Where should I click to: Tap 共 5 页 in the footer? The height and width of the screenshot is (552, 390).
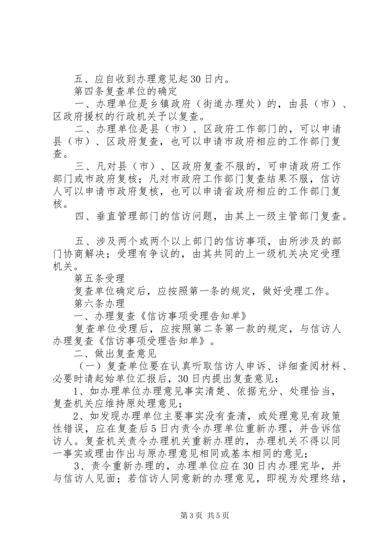pos(218,515)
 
